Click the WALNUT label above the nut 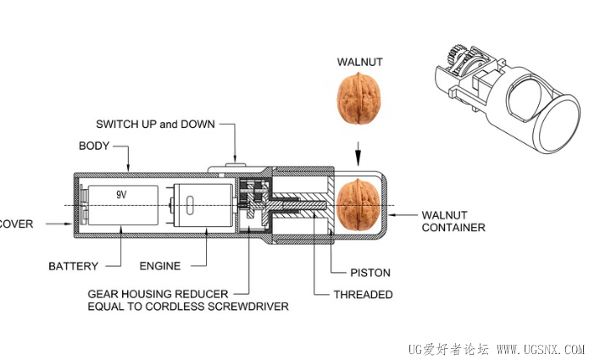point(358,62)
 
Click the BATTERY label point(73,266)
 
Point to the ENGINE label point(159,266)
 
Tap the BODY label point(94,146)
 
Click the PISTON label point(370,273)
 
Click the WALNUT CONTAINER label point(453,220)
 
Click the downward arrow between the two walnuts point(358,156)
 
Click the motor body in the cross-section point(198,206)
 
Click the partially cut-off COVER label point(16,224)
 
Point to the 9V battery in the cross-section point(124,206)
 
